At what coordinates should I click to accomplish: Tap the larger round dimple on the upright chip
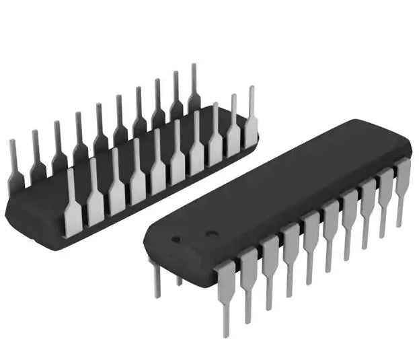[x=211, y=236]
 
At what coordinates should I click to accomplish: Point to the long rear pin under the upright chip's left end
[x=155, y=276]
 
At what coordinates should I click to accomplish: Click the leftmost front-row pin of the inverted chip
[x=72, y=202]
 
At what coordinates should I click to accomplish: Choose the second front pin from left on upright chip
[x=248, y=279]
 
